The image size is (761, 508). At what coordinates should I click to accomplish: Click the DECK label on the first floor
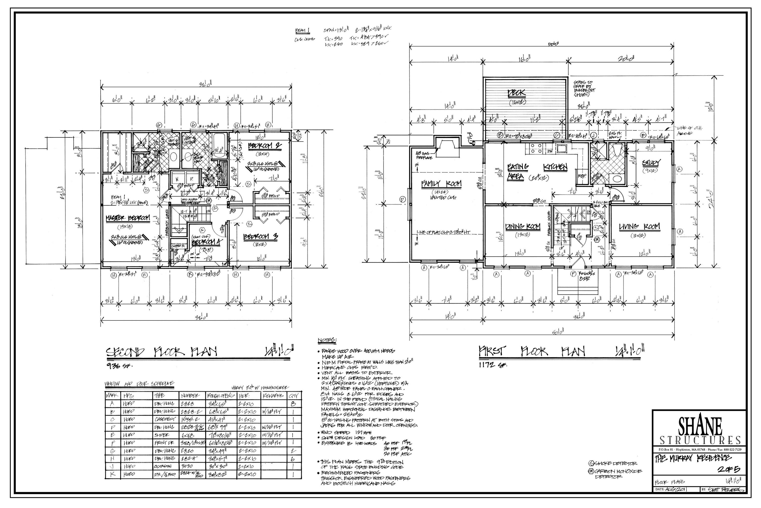click(516, 94)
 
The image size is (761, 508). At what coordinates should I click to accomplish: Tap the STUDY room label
click(651, 163)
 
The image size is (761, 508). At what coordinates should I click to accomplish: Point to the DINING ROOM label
click(523, 227)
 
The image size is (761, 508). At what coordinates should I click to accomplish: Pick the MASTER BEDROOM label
click(128, 218)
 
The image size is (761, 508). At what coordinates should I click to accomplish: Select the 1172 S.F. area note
click(492, 365)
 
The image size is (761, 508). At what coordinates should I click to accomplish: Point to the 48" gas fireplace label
click(424, 155)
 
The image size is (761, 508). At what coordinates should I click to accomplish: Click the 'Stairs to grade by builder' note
click(585, 88)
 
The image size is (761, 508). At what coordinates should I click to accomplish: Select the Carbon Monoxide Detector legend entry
click(618, 474)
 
